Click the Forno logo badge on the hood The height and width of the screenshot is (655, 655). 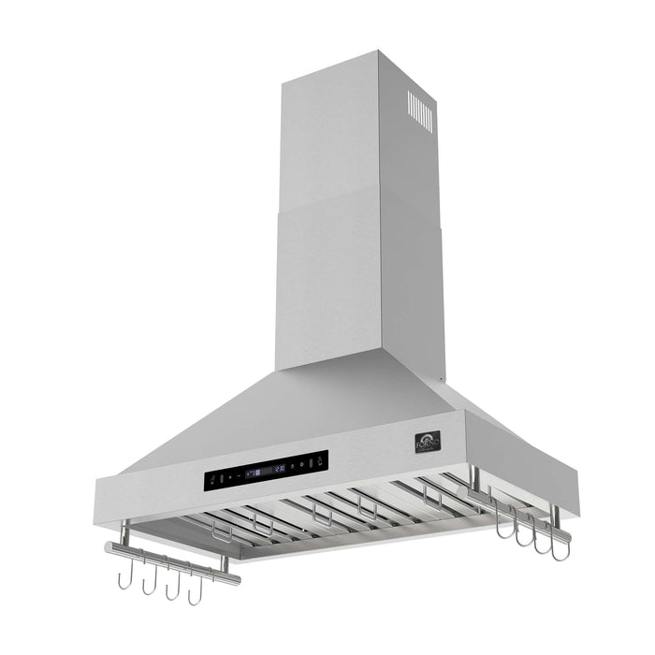coord(426,440)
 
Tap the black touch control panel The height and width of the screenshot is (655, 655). coord(267,471)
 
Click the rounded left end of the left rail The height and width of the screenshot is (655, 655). coord(109,546)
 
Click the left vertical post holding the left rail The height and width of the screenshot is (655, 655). coord(124,533)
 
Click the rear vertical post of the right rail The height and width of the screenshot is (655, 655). coord(474,479)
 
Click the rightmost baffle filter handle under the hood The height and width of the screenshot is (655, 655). coord(431,498)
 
